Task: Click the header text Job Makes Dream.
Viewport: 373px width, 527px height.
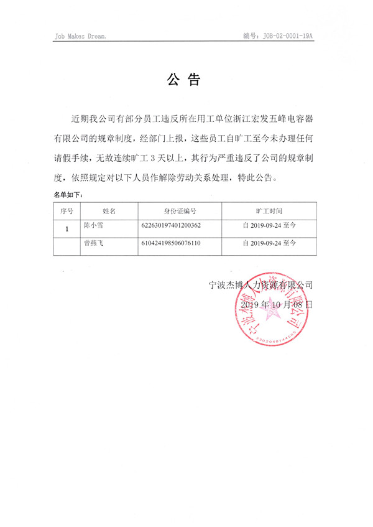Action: (x=80, y=37)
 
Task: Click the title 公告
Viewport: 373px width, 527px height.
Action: (x=184, y=80)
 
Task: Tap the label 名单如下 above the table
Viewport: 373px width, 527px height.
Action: (x=68, y=195)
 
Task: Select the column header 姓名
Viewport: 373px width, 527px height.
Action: (x=109, y=211)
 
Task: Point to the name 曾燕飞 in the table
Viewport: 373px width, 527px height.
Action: (x=94, y=243)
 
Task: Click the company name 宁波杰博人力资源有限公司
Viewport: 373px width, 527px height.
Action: (x=260, y=286)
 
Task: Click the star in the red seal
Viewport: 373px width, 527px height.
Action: (x=271, y=316)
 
